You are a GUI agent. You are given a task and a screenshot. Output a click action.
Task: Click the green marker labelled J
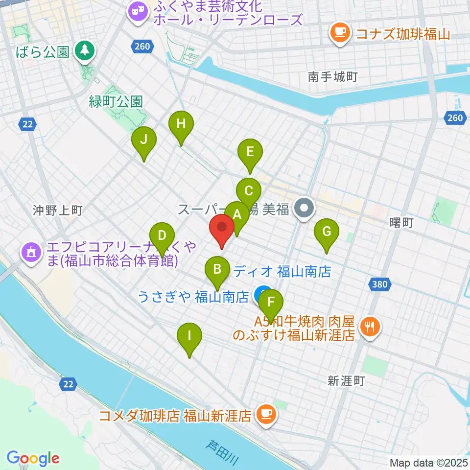coord(143,140)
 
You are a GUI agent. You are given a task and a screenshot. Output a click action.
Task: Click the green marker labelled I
coord(189,337)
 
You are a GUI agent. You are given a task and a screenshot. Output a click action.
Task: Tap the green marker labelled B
coord(217,270)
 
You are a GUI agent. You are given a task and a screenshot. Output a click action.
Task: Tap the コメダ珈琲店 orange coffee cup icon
coord(266,415)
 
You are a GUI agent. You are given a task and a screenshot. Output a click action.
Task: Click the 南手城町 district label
coord(333,76)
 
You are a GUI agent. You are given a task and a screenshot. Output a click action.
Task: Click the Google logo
coord(33,458)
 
